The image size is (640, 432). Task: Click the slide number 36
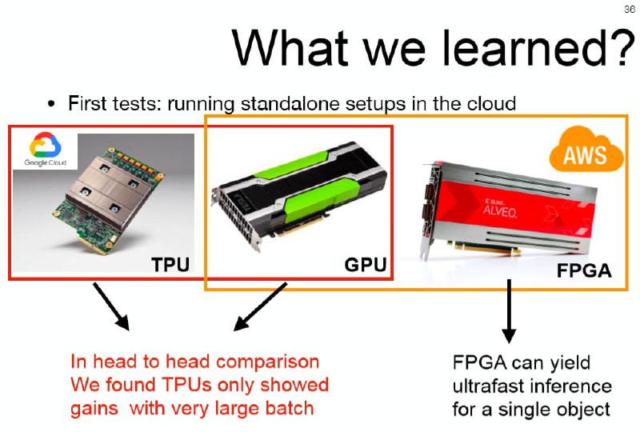click(629, 9)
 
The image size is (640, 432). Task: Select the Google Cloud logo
click(45, 150)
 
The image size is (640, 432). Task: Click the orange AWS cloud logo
click(586, 150)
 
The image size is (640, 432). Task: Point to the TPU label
click(170, 265)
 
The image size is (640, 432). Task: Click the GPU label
click(366, 265)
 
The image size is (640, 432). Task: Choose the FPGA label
click(584, 270)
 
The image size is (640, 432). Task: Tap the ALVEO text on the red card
click(500, 211)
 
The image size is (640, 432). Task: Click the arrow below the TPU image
click(111, 306)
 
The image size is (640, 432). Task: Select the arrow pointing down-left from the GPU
click(260, 306)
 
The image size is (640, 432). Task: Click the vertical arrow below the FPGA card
click(509, 311)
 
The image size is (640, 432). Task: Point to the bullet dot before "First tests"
click(51, 104)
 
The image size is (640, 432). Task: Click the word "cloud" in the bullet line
click(491, 103)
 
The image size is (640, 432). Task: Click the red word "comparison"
click(267, 362)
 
